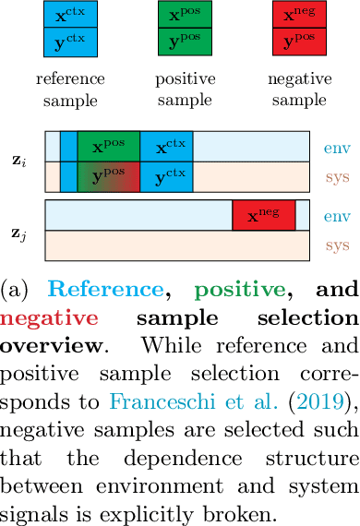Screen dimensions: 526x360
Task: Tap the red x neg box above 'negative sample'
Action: tap(296, 16)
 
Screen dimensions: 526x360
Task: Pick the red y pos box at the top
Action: tap(296, 42)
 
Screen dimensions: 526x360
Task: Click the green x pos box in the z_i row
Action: tap(109, 148)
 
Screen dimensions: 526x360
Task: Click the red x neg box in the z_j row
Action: tap(263, 215)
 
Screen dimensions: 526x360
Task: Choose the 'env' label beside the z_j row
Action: tap(335, 215)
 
